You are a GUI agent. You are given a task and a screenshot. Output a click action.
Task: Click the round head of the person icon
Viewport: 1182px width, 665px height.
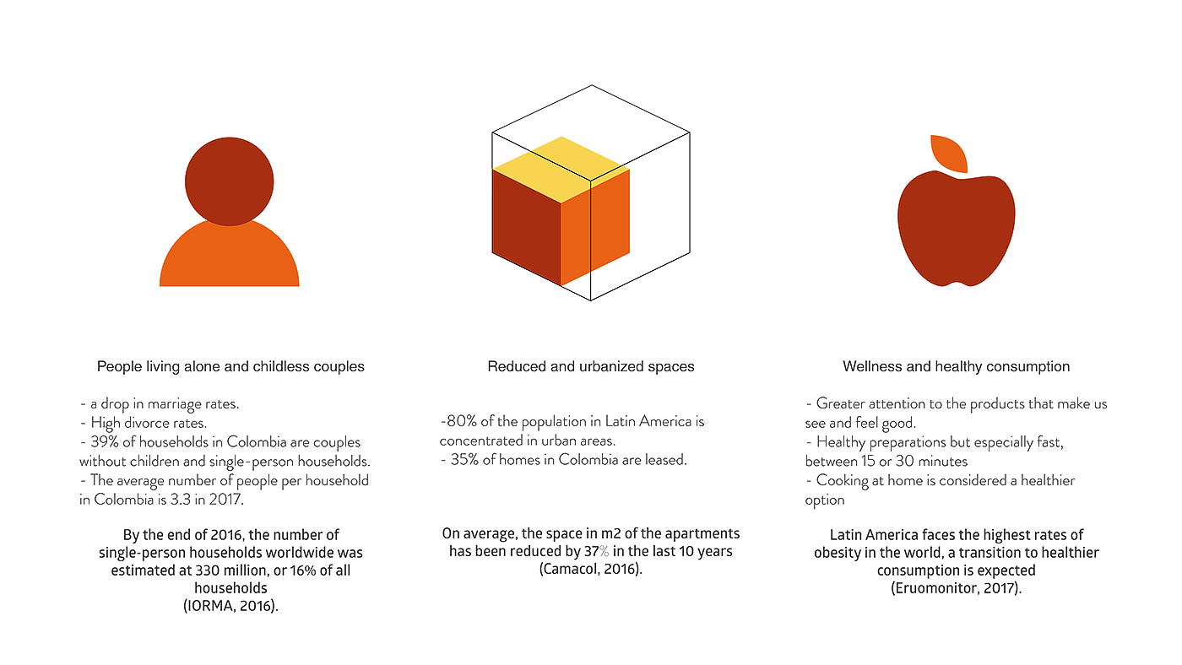229,178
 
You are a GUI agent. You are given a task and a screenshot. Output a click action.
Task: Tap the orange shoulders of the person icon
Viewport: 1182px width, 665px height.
229,257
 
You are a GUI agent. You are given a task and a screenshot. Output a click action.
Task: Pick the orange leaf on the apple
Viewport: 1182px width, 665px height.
947,153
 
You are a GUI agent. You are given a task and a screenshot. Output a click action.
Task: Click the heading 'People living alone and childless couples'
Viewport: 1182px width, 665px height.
230,367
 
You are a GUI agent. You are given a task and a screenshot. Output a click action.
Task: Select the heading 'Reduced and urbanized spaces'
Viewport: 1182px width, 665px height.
590,367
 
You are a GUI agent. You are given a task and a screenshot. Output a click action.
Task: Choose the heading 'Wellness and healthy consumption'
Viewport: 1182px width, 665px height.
956,367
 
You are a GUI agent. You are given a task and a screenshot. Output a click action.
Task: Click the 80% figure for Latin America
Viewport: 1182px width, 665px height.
454,421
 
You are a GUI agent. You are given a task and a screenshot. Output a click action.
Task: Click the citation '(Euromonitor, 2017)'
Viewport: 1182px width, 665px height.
956,588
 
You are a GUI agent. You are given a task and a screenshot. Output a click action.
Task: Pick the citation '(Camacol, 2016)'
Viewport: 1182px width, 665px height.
590,570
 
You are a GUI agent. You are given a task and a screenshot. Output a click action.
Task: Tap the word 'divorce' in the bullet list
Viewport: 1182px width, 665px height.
141,423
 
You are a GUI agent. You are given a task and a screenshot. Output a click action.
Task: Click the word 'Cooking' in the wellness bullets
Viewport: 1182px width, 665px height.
842,480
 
